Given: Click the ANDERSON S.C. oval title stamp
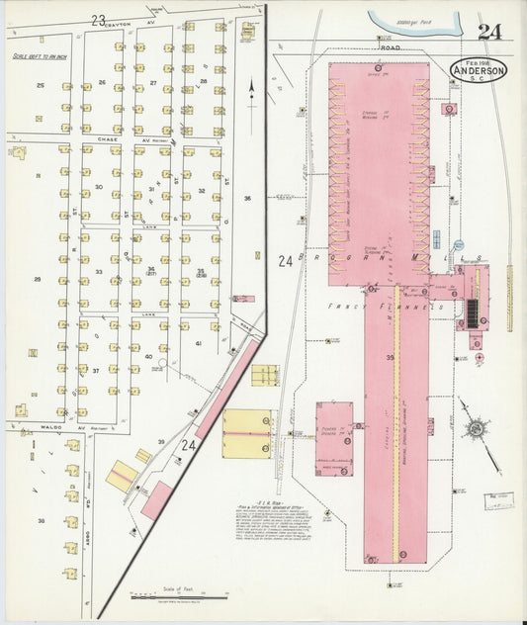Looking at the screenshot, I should pyautogui.click(x=480, y=70).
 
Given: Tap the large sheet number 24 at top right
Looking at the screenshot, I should pyautogui.click(x=488, y=32).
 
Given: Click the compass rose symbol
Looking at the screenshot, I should pyautogui.click(x=478, y=429).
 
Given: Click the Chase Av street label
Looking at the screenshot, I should pyautogui.click(x=108, y=139).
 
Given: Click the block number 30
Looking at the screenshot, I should pyautogui.click(x=99, y=186).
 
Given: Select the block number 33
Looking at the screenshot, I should pyautogui.click(x=99, y=271).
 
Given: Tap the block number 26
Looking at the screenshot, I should pyautogui.click(x=101, y=83).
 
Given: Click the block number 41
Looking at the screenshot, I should pyautogui.click(x=199, y=342).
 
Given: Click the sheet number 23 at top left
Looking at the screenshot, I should pyautogui.click(x=98, y=19).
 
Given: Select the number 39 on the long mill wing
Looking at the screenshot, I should pyautogui.click(x=390, y=356).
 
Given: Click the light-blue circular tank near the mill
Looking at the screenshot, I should pyautogui.click(x=458, y=243).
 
